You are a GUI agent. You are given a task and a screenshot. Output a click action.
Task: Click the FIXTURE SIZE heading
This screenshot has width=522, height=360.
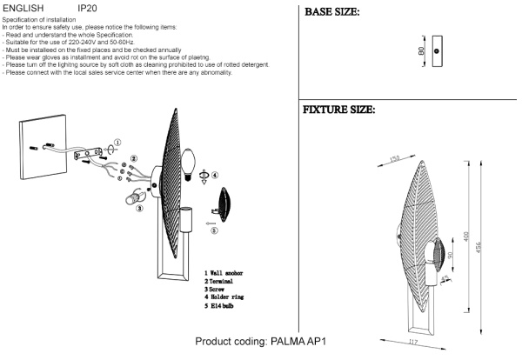click(x=338, y=110)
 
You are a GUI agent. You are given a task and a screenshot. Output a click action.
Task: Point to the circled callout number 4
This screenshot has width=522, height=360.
click(x=216, y=174)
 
